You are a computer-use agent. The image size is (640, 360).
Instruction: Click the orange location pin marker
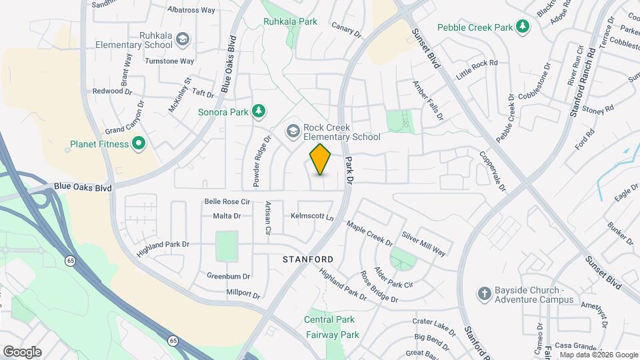tap(321, 159)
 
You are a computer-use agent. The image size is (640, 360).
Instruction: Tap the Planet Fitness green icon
tap(139, 143)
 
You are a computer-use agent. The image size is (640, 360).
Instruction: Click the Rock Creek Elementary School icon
tap(292, 131)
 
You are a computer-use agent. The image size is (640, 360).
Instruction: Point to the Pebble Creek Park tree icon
tap(524, 27)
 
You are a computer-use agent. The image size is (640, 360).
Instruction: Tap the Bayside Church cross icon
tap(485, 293)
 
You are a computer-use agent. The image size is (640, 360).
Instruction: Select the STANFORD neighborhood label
tap(307, 259)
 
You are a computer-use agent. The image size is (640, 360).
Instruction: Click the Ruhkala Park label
tap(290, 22)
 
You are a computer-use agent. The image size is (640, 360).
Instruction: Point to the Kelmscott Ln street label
tap(312, 217)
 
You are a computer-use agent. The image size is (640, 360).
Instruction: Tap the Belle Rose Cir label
tap(227, 201)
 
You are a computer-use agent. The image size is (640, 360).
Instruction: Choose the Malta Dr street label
tap(227, 216)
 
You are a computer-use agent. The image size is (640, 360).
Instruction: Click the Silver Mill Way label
tap(424, 243)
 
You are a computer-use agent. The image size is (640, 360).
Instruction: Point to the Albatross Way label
tap(191, 11)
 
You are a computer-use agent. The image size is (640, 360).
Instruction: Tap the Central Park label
tap(329, 319)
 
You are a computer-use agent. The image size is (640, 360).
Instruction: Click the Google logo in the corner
tap(22, 351)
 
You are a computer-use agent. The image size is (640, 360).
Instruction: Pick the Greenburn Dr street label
tap(228, 276)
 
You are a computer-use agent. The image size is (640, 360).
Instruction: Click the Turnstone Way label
tap(169, 61)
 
